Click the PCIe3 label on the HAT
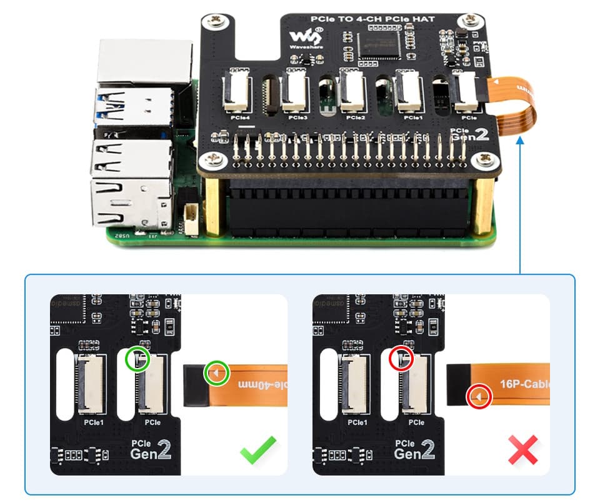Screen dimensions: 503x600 pos(297,117)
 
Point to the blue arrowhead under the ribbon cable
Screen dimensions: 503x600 pos(520,142)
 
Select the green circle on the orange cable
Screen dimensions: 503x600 pos(216,374)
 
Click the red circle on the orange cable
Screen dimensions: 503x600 pos(479,397)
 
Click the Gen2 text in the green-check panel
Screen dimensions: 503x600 pos(149,451)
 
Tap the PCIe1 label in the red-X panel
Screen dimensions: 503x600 pos(357,422)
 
